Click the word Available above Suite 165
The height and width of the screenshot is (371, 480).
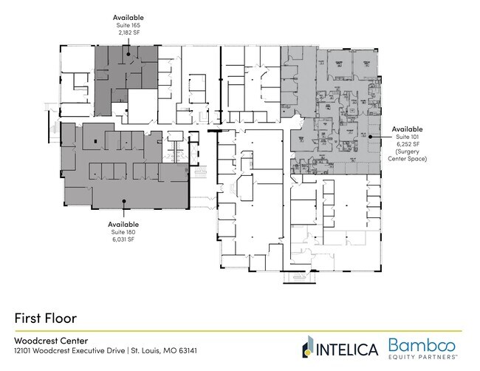[x=128, y=16]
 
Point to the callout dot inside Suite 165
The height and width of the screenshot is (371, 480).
[x=128, y=53]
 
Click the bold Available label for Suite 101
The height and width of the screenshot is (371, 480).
[x=407, y=127]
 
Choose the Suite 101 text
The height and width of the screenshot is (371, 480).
[x=407, y=135]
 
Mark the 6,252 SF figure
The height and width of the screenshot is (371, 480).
[x=407, y=143]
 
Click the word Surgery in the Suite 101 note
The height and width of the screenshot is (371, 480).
[x=407, y=152]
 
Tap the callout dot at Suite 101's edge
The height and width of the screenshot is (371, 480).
[x=380, y=136]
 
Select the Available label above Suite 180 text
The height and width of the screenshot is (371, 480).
[x=123, y=224]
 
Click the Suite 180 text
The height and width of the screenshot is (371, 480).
[x=123, y=231]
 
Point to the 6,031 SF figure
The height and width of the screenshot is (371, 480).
[x=123, y=239]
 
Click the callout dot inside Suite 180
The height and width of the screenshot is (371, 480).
[x=123, y=200]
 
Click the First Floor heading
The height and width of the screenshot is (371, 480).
[x=46, y=317]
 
